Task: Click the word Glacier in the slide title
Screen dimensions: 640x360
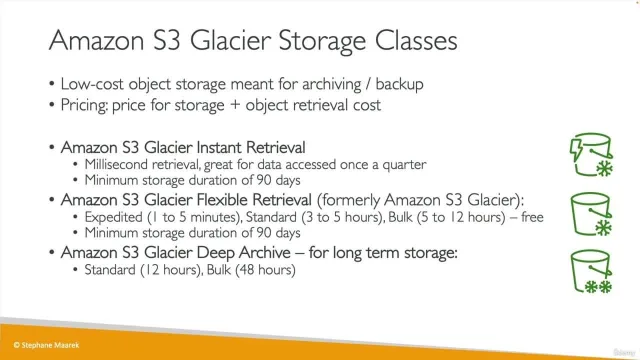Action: point(230,40)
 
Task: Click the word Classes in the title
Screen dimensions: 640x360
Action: point(416,40)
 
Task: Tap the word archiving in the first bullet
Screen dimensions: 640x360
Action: point(331,84)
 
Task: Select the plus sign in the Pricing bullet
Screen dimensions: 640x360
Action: point(235,105)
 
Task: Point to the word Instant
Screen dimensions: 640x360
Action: point(219,147)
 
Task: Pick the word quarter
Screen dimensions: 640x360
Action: point(404,165)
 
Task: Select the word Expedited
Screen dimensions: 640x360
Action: point(113,217)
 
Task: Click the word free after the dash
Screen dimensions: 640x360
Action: point(532,217)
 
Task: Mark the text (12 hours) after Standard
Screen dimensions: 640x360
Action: point(171,270)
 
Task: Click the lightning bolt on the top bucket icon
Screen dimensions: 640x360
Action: point(576,149)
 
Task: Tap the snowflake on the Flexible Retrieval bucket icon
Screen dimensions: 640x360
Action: point(604,228)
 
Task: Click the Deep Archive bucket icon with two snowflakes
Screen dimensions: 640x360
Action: point(592,271)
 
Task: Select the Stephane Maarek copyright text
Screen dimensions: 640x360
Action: point(47,345)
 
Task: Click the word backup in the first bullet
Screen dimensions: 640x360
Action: point(399,84)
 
